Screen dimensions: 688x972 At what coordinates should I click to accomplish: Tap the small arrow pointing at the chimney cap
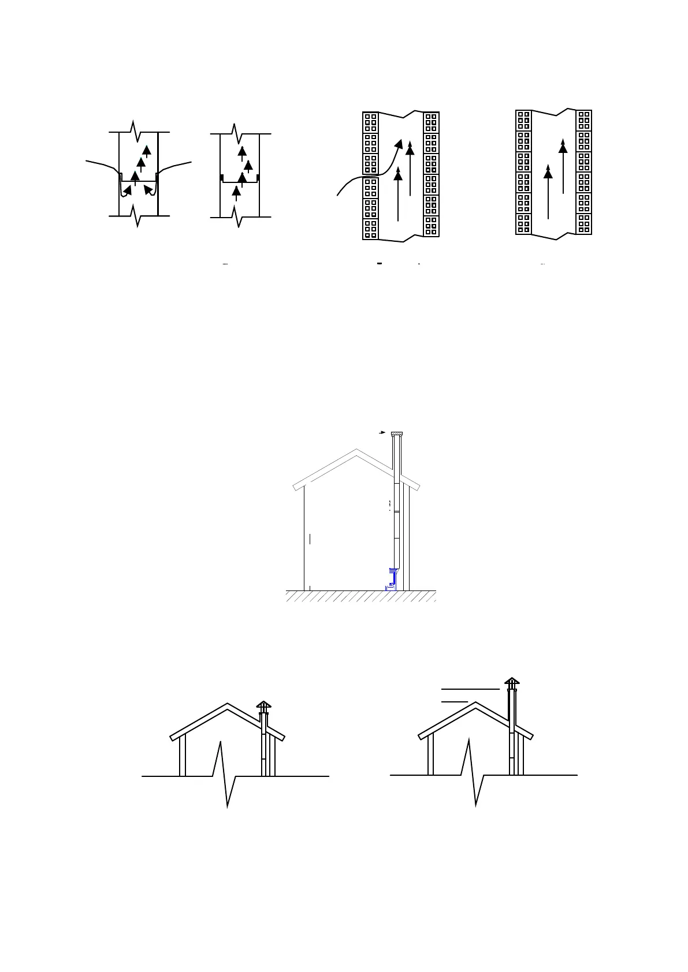point(381,432)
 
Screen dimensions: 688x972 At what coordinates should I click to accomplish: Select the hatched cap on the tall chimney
point(397,434)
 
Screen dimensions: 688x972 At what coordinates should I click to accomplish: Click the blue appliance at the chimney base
point(392,578)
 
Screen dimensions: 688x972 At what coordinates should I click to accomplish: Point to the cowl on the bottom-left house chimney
point(264,706)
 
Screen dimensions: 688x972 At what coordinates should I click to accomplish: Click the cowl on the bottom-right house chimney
point(512,682)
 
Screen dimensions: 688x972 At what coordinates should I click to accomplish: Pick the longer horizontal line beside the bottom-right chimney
point(470,689)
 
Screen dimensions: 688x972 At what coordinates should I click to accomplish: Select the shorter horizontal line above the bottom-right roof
point(455,702)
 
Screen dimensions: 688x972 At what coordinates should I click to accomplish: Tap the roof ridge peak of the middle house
point(356,447)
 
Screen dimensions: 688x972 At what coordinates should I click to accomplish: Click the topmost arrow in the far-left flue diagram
point(147,151)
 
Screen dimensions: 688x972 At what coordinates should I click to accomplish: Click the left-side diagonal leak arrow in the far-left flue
point(127,190)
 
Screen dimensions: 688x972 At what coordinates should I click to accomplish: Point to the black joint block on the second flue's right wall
point(258,177)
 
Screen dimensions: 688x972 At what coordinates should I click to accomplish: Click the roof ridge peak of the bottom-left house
point(228,704)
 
